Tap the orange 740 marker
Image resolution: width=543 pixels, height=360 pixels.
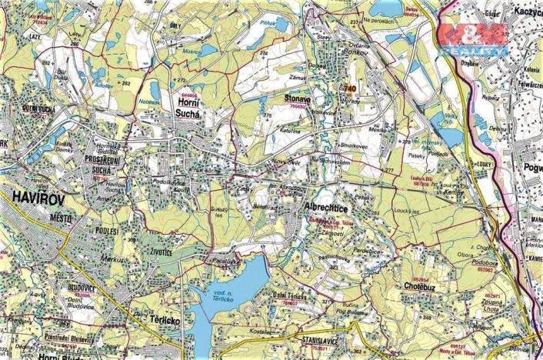coord(350,89)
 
